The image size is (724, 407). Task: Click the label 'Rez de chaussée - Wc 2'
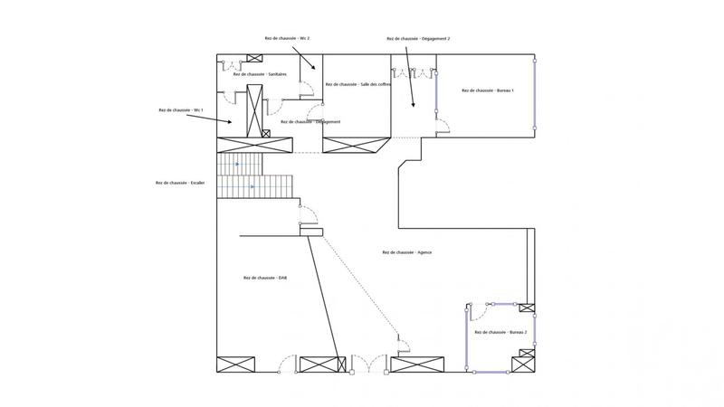coord(287,39)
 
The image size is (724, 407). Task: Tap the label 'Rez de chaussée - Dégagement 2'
coord(418,39)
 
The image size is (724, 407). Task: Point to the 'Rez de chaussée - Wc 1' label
coord(181,110)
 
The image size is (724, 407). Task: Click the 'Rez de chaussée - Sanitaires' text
coord(265,74)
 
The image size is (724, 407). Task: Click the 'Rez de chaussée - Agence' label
coord(407,252)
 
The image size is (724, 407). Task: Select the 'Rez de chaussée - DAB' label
coord(265,278)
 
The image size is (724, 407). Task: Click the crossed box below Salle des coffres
coord(356,146)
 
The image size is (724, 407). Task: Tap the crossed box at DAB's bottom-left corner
coord(235,364)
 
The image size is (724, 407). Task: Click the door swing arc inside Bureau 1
coord(443,125)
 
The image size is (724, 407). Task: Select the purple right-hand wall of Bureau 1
coord(535,95)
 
